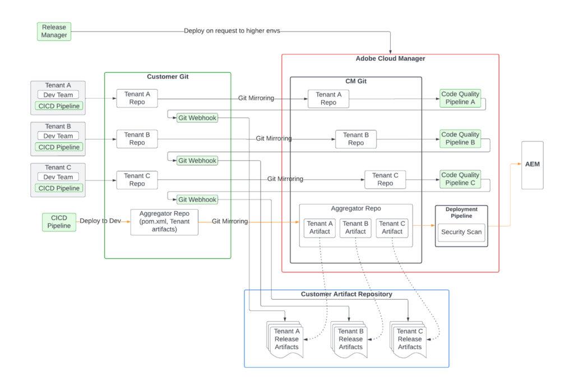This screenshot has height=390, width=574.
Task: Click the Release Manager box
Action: pyautogui.click(x=54, y=31)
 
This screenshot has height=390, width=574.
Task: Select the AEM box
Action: pyautogui.click(x=532, y=165)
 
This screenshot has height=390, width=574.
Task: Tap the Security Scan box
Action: pyautogui.click(x=461, y=232)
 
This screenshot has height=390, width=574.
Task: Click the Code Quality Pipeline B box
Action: pyautogui.click(x=460, y=138)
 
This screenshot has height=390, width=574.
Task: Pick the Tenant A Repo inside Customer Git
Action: pyautogui.click(x=137, y=98)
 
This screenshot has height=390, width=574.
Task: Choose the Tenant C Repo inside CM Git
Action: pyautogui.click(x=385, y=179)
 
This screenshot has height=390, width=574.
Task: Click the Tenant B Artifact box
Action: pyautogui.click(x=355, y=227)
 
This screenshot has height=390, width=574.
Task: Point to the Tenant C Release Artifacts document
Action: pyautogui.click(x=410, y=339)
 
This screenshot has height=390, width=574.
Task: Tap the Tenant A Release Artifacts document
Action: pyautogui.click(x=286, y=339)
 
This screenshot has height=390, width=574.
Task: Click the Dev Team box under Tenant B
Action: pyautogui.click(x=58, y=136)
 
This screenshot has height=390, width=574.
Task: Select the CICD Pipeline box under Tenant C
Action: pyautogui.click(x=58, y=188)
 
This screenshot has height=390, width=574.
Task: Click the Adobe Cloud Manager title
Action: pyautogui.click(x=390, y=59)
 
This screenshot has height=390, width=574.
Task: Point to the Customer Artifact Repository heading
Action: pyautogui.click(x=346, y=294)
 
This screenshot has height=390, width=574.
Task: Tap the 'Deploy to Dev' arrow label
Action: pyautogui.click(x=100, y=221)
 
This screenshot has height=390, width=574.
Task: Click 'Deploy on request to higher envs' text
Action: pyautogui.click(x=232, y=31)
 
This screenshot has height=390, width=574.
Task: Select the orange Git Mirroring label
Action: pyautogui.click(x=230, y=221)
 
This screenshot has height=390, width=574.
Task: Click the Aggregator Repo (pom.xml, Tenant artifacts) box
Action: pyautogui.click(x=164, y=221)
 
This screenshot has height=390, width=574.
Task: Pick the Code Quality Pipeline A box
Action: pyautogui.click(x=460, y=98)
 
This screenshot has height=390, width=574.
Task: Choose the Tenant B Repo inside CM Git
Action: pyautogui.click(x=356, y=138)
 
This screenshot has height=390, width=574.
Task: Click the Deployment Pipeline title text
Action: pyautogui.click(x=461, y=212)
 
